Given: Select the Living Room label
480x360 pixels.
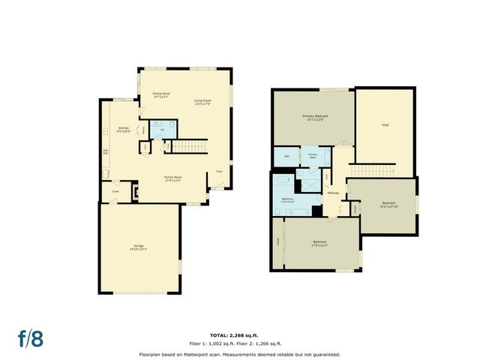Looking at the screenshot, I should pyautogui.click(x=202, y=101).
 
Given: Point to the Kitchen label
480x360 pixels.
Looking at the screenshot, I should pyautogui.click(x=124, y=129).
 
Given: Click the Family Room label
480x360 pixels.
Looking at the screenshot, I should pyautogui.click(x=173, y=178).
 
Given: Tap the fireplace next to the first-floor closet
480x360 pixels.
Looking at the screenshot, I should pyautogui.click(x=135, y=192).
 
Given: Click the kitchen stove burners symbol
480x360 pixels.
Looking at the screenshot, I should pyautogui.click(x=106, y=151).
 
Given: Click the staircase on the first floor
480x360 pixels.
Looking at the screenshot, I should pyautogui.click(x=192, y=145).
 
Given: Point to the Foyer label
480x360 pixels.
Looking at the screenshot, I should pyautogui.click(x=220, y=171).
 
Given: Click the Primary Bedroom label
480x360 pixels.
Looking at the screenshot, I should pyautogui.click(x=316, y=118).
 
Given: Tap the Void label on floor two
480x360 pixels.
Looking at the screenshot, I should pyautogui.click(x=385, y=124).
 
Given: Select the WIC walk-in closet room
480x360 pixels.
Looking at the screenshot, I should pyautogui.click(x=286, y=155).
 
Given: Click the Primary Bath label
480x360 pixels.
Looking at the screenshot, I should pyautogui.click(x=313, y=155).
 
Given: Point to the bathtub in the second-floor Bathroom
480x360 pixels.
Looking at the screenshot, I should pyautogui.click(x=284, y=181).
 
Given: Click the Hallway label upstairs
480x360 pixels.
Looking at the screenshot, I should pyautogui.click(x=334, y=193).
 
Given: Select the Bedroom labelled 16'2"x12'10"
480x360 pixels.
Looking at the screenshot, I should pyautogui.click(x=388, y=204).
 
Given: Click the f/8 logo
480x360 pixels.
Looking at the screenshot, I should pyautogui.click(x=31, y=337).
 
